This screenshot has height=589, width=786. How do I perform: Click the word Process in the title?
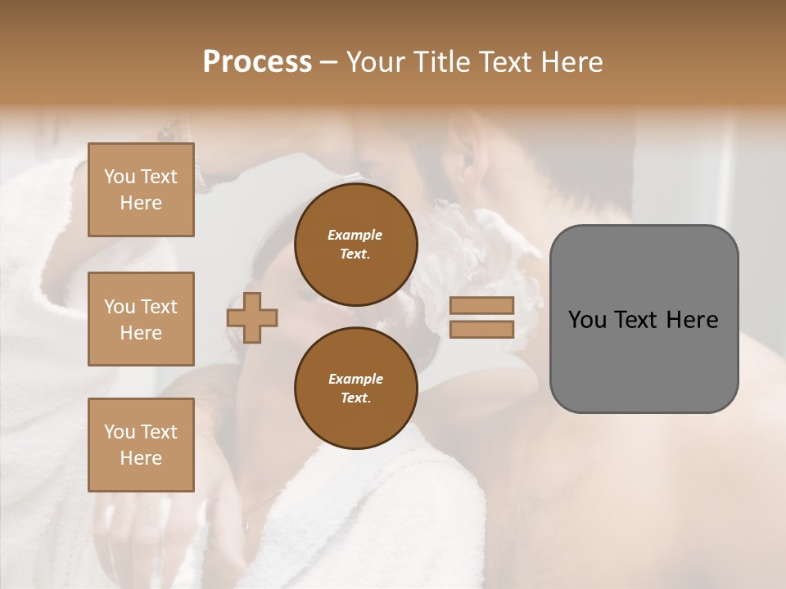[257, 62]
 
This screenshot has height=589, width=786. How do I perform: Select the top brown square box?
[141, 190]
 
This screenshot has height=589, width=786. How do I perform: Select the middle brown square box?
[141, 319]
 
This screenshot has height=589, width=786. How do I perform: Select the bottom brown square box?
[141, 444]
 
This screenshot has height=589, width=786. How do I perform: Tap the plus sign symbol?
[252, 318]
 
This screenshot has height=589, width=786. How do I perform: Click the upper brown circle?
[355, 245]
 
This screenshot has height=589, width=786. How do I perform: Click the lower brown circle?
[355, 389]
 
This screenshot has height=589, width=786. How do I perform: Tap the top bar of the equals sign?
[481, 306]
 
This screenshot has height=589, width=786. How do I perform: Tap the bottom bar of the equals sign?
[481, 330]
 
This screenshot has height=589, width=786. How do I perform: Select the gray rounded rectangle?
[644, 360]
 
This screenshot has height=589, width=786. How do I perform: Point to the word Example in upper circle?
[355, 235]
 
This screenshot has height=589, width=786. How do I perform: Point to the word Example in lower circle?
[355, 379]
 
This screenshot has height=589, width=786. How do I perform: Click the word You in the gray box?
[586, 320]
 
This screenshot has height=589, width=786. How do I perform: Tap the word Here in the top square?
[141, 203]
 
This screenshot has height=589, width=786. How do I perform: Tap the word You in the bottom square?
[120, 432]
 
